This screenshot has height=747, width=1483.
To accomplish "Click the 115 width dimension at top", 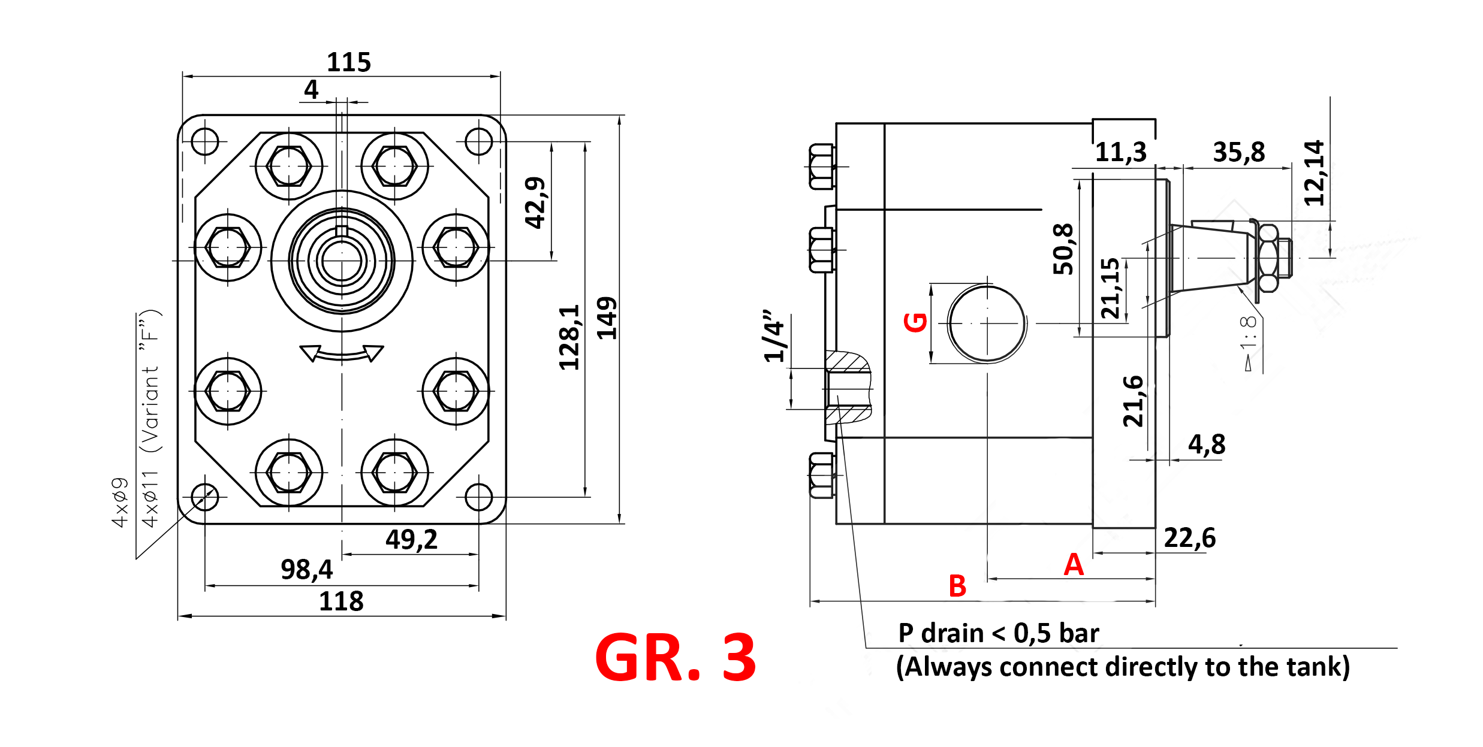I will pyautogui.click(x=349, y=62).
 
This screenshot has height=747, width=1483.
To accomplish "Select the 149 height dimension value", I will pyautogui.click(x=607, y=318).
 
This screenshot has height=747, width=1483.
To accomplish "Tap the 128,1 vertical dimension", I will pyautogui.click(x=569, y=337).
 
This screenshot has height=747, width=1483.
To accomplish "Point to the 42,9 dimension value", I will pyautogui.click(x=535, y=203).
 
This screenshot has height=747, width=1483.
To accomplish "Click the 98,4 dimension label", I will pyautogui.click(x=306, y=569).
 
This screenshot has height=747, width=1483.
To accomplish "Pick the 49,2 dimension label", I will pyautogui.click(x=411, y=539).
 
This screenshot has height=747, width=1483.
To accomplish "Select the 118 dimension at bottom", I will pyautogui.click(x=341, y=601).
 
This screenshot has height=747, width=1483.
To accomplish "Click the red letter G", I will pyautogui.click(x=916, y=322).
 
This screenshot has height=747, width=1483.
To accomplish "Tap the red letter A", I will pyautogui.click(x=1074, y=564).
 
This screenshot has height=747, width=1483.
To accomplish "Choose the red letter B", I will pyautogui.click(x=957, y=586).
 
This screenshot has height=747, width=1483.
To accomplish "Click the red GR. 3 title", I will pyautogui.click(x=676, y=658).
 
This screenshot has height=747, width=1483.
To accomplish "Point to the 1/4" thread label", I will pyautogui.click(x=774, y=336).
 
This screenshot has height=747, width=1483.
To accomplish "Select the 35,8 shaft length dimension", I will pyautogui.click(x=1238, y=152).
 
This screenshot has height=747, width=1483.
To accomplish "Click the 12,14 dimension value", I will pyautogui.click(x=1314, y=173).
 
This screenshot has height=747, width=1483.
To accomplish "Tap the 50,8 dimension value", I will pyautogui.click(x=1063, y=249).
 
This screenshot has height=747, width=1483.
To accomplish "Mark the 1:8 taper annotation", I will pyautogui.click(x=1247, y=334).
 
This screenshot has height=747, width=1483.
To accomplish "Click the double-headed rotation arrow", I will pyautogui.click(x=342, y=353).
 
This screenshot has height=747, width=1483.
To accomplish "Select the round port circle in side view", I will pyautogui.click(x=987, y=323).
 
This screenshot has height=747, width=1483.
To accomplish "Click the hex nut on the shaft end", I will pyautogui.click(x=1267, y=258).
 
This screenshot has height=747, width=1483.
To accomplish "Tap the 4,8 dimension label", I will pyautogui.click(x=1207, y=444).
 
